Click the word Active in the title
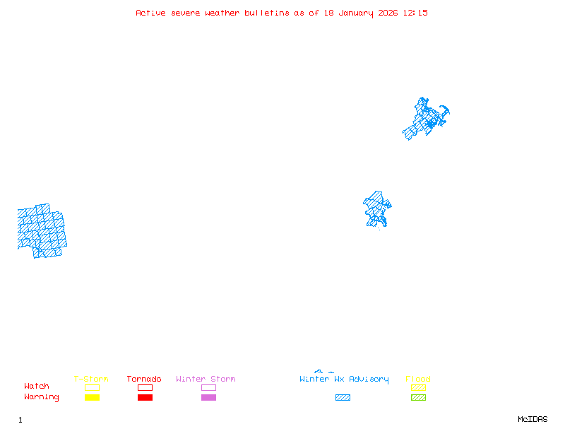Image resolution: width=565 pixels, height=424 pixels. point(151,13)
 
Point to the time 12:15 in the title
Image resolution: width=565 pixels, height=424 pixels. point(415,13)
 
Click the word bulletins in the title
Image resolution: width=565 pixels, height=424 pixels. point(266,13)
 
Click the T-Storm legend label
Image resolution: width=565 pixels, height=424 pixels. point(91,379)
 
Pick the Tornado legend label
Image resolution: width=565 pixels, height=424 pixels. point(144,379)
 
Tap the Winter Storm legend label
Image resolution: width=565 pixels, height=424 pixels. point(206,379)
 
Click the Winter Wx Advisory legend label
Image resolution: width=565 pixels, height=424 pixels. point(344,379)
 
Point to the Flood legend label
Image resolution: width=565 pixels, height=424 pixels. point(418,379)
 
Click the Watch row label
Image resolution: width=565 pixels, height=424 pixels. point(37,387)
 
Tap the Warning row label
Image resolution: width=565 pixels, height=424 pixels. point(42,397)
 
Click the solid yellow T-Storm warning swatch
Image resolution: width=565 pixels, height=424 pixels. point(92,398)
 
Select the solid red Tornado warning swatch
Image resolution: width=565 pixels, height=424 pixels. point(145,398)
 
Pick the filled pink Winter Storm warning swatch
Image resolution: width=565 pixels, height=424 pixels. point(208,398)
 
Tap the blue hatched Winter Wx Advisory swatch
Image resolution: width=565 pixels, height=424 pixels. point(343,398)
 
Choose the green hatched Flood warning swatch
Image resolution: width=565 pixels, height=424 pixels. point(418,398)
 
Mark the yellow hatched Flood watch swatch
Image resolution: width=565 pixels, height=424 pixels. point(418,388)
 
